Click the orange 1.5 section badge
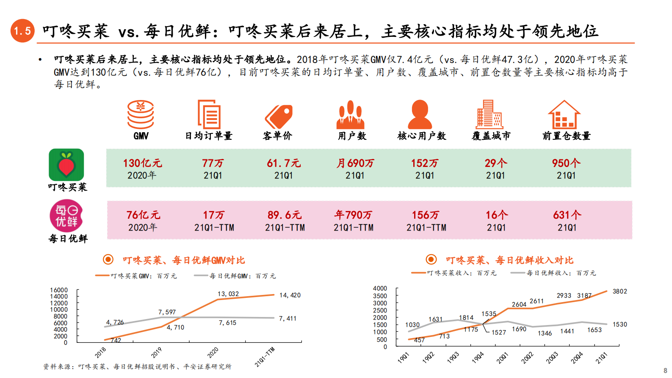coord(22,31)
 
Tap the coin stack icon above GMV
coord(141,114)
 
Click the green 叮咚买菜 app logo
coord(66,165)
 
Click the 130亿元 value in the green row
coord(142,163)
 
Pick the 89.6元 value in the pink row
coord(285,215)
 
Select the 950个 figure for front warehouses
coord(566,163)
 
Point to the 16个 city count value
coord(496,215)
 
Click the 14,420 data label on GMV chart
coord(290,295)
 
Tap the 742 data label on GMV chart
coord(116,340)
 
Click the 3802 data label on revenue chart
coord(619,292)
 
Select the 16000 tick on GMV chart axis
coord(59,290)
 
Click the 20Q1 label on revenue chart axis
coord(503,358)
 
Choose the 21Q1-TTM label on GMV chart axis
coord(265,357)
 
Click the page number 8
coord(665,370)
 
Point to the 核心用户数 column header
coord(421,136)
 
